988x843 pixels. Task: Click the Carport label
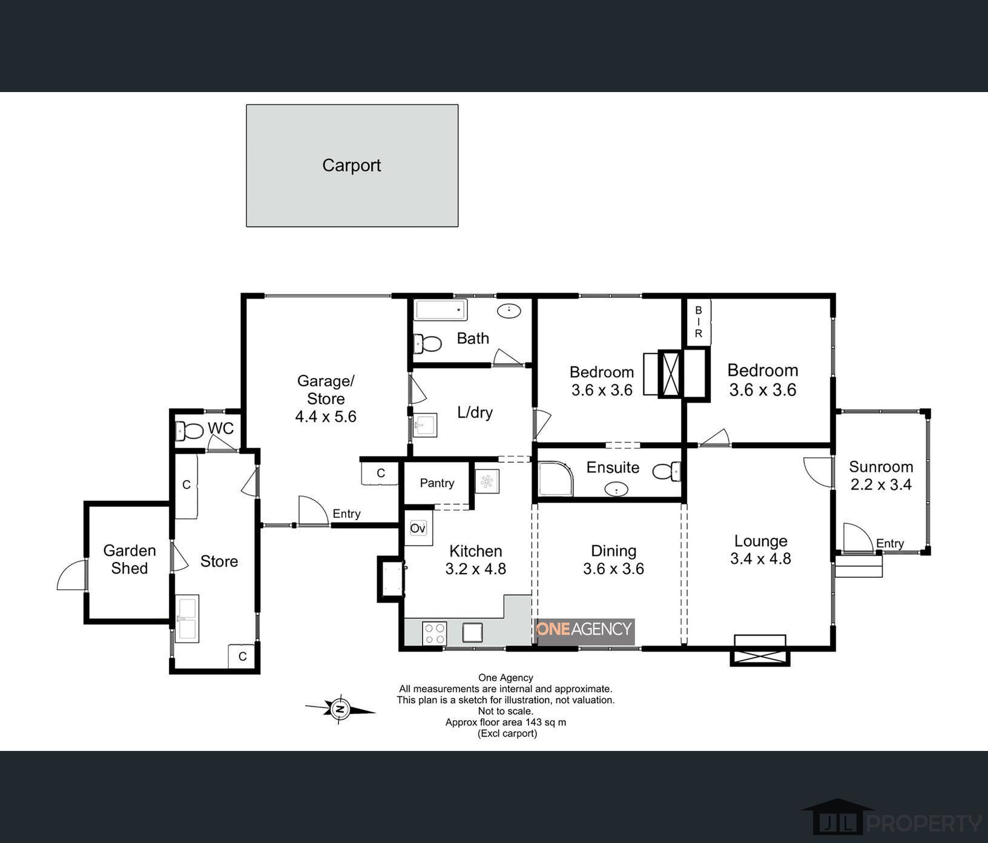[x=351, y=165]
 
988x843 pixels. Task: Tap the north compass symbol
[x=340, y=708]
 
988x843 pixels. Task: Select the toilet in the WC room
[x=189, y=431]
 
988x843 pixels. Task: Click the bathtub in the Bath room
[x=441, y=310]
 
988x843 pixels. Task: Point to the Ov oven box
[x=418, y=528]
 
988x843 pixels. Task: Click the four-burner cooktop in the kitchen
[x=435, y=633]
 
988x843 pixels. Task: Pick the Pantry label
[x=437, y=483]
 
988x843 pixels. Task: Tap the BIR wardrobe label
[x=698, y=322]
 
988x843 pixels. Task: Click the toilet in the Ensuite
[x=667, y=471]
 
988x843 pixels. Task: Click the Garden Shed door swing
[x=72, y=575]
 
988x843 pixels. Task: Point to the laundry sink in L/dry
[x=426, y=425]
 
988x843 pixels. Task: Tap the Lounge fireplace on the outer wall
[x=760, y=650]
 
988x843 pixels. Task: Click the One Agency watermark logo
[x=585, y=630]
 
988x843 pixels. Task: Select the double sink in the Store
[x=187, y=619]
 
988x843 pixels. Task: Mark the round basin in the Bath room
[x=509, y=311]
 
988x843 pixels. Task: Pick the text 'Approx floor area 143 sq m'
[x=506, y=722]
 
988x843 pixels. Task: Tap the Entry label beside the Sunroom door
[x=890, y=543]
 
